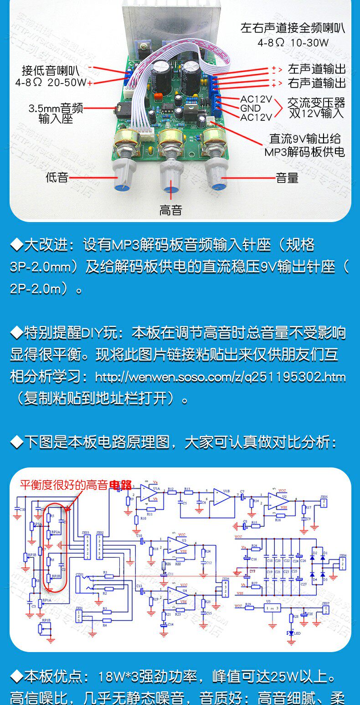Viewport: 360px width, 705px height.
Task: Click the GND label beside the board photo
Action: tap(250, 108)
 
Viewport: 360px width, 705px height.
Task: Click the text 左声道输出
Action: tap(317, 69)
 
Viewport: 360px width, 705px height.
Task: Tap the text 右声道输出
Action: tap(317, 83)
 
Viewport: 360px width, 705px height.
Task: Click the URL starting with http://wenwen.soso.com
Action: tap(220, 377)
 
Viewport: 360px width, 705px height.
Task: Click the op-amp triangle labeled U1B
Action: tap(221, 497)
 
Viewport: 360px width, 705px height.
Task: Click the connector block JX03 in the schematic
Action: tap(86, 545)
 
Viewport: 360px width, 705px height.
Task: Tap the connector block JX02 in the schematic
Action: tap(100, 545)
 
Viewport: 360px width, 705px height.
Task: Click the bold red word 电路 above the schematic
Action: tap(120, 485)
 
